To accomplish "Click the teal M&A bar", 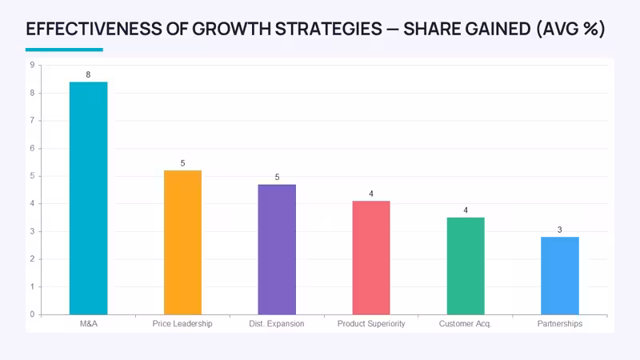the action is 89,198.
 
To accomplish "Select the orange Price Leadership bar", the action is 183,242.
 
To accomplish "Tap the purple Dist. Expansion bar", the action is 277,250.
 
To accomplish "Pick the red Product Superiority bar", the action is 371,258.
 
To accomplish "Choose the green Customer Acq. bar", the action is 466,266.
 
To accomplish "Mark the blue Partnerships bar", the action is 560,276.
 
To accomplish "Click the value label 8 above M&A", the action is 88,74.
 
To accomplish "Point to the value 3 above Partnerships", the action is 559,230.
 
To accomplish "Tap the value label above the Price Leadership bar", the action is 183,163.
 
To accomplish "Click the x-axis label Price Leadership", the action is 182,324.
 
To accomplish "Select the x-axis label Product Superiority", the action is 371,324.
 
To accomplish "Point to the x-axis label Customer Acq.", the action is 466,324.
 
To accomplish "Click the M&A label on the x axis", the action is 89,324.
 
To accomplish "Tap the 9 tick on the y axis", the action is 32,65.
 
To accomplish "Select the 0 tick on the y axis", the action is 32,314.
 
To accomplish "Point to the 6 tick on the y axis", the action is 32,148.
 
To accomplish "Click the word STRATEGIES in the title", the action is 329,29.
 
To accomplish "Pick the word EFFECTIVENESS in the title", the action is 94,29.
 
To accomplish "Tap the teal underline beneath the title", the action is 64,50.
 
